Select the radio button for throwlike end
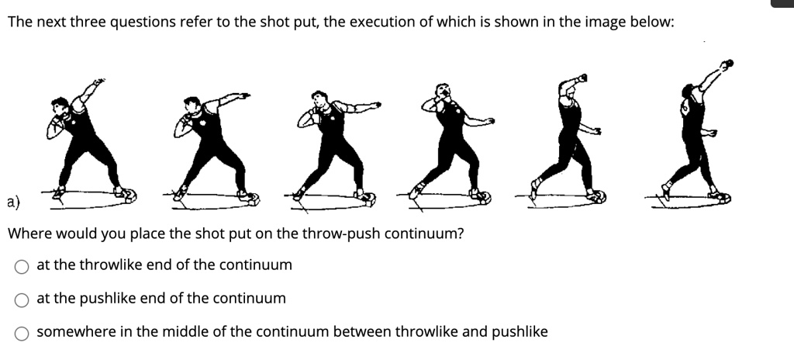[x=22, y=266]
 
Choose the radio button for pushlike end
[x=22, y=299]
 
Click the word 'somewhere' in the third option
[x=72, y=332]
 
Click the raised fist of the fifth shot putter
[x=582, y=78]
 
